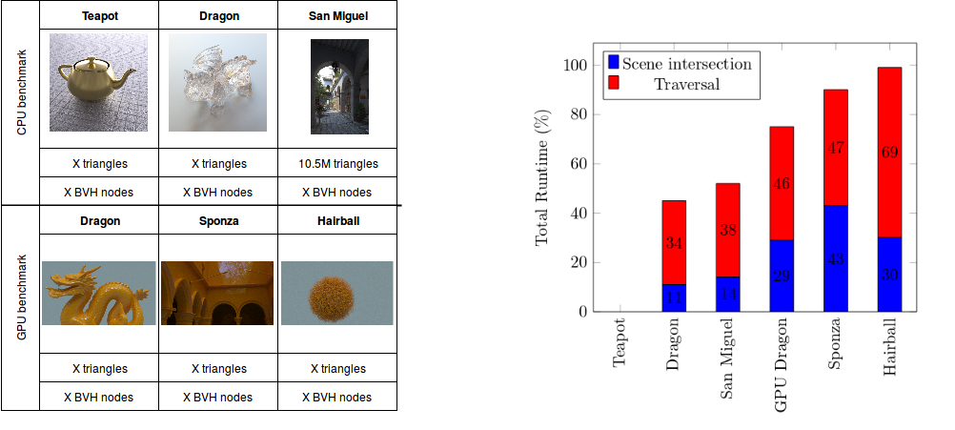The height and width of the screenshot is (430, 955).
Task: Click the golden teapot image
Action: (99, 82)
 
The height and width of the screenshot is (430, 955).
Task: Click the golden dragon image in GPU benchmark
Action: (99, 293)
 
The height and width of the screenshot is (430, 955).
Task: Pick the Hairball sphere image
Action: (337, 293)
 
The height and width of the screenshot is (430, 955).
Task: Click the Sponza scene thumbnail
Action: (217, 293)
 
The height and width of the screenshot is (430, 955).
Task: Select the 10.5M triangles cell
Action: (337, 164)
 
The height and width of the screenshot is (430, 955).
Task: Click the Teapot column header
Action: (99, 16)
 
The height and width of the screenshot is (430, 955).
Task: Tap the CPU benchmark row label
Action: (22, 102)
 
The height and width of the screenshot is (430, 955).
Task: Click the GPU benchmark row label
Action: (22, 307)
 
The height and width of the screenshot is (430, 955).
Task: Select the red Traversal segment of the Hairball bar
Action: (889, 153)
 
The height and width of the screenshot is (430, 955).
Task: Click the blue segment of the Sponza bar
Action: (836, 258)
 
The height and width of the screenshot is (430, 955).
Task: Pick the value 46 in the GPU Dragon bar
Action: (782, 183)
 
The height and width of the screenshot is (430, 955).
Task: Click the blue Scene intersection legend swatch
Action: (614, 63)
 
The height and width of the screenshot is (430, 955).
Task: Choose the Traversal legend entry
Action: (686, 84)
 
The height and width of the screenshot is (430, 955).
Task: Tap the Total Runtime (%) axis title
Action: (542, 178)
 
